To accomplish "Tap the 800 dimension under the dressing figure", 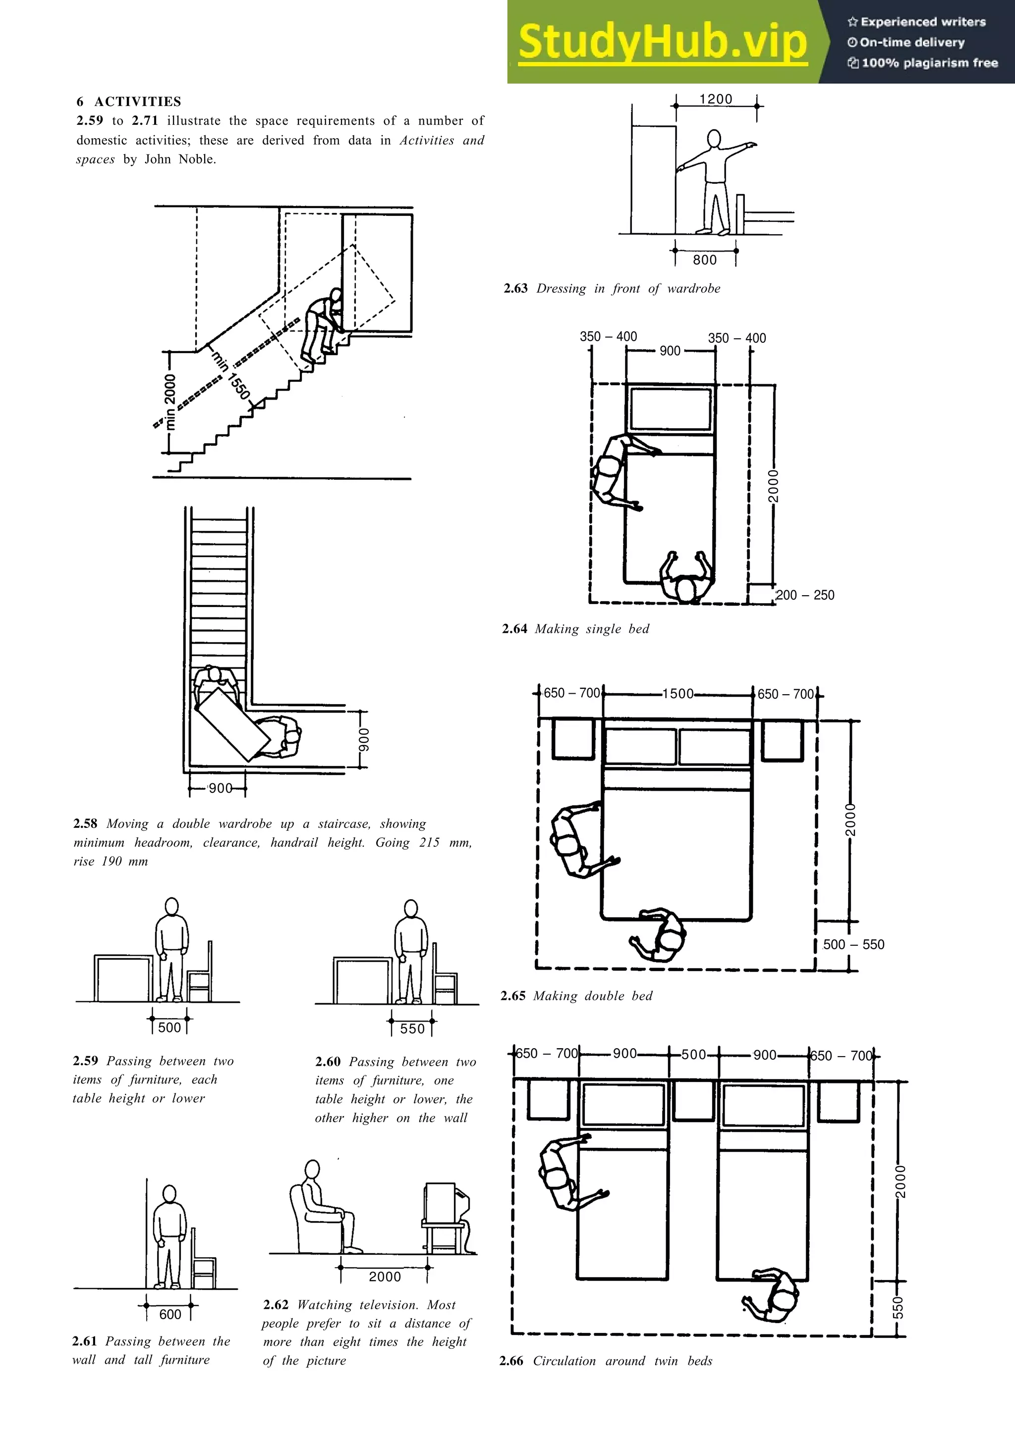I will point(705,260).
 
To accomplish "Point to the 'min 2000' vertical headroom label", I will point(170,402).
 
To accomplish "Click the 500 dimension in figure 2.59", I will point(169,1027).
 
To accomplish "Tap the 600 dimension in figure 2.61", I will point(170,1314).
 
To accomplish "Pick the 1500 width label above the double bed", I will point(678,694).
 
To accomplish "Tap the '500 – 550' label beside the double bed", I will point(853,944).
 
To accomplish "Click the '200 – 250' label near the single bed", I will point(805,595).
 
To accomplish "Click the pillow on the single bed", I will point(671,409).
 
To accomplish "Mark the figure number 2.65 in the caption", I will point(513,996).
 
